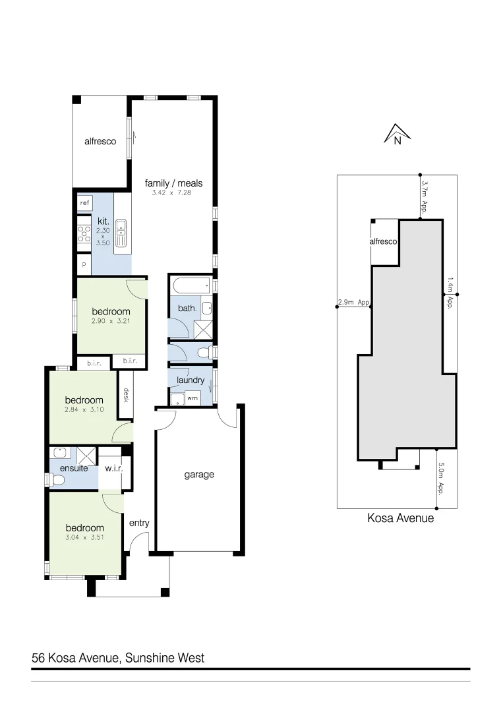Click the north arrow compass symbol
(x=397, y=134)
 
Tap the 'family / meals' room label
(x=173, y=183)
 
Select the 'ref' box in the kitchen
(x=84, y=203)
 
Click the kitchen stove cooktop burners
(x=84, y=234)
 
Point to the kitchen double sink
(x=121, y=227)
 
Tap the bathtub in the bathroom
(x=191, y=286)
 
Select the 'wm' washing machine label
(x=192, y=398)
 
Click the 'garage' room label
(x=198, y=474)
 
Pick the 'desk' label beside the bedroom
(x=125, y=395)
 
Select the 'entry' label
(x=139, y=523)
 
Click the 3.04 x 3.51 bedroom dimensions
(x=84, y=537)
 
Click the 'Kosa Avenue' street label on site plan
(x=400, y=518)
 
